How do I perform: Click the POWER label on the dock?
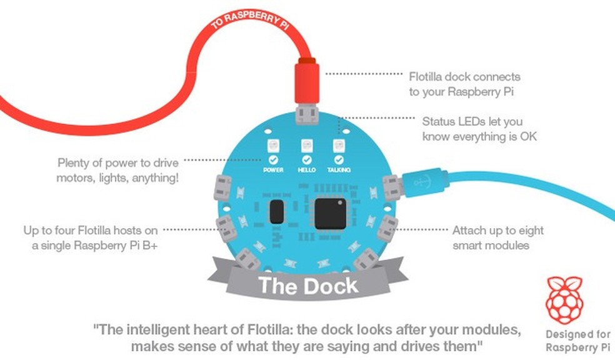coord(273,170)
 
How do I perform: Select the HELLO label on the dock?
coord(306,170)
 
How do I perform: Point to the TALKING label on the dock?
coord(339,170)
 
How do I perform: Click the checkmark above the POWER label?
coord(273,160)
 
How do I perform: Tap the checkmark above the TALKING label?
coord(339,160)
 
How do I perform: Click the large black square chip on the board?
coord(330,213)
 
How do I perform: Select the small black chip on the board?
coord(275,212)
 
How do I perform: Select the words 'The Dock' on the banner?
coord(308,286)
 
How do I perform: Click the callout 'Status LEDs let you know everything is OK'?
coord(479,128)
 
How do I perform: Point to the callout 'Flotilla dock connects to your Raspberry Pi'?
coord(464,83)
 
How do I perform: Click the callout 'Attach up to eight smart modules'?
coord(497,237)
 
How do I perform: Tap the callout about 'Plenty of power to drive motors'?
coord(117,170)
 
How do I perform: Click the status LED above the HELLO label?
coord(306,146)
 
